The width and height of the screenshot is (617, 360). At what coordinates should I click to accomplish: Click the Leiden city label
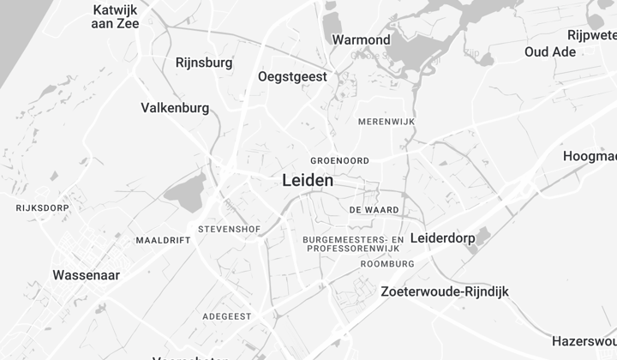[x=308, y=181]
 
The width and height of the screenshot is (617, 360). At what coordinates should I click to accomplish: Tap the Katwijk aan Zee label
[x=115, y=16]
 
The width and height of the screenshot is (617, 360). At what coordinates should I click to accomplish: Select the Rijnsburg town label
[x=203, y=63]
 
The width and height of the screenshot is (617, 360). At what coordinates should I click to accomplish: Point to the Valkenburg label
[x=175, y=108]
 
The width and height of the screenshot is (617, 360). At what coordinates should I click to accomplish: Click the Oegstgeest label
[x=292, y=76]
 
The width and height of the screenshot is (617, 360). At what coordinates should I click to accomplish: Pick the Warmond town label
[x=361, y=39]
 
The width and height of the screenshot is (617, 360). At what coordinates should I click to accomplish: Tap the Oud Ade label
[x=550, y=51]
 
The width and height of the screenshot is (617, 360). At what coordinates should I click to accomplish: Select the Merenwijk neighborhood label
[x=386, y=123]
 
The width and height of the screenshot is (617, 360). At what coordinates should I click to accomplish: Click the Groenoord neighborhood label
[x=339, y=160]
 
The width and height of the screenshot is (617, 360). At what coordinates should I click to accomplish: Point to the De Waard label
[x=374, y=210]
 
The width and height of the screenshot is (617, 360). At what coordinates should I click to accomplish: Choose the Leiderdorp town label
[x=442, y=237]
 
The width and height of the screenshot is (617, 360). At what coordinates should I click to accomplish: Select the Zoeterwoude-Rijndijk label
[x=444, y=291]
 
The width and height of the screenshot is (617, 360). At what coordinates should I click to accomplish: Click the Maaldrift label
[x=163, y=241]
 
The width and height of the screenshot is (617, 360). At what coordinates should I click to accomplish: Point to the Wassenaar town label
[x=86, y=275]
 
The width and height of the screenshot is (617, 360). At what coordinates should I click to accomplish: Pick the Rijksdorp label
[x=41, y=207]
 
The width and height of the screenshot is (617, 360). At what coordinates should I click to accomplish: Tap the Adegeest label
[x=227, y=316]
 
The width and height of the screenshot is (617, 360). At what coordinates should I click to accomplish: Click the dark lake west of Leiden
[x=185, y=189]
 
